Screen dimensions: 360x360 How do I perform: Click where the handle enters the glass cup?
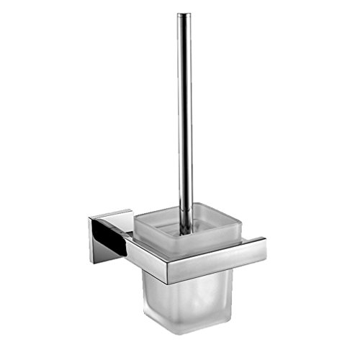186,228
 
